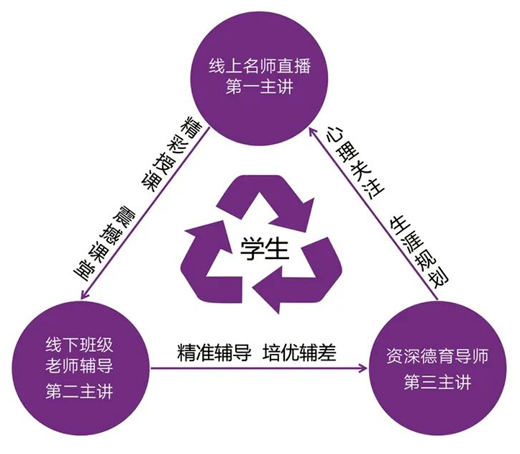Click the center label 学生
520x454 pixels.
264,248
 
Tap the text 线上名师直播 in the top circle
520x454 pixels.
260,65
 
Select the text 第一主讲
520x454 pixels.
260,87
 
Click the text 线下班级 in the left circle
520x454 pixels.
79,345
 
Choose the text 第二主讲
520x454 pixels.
79,391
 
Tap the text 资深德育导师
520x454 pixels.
437,356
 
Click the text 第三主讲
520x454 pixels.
437,381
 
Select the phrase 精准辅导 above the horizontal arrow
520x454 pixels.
214,353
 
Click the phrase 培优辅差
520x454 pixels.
299,353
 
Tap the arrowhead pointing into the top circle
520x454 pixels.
313,132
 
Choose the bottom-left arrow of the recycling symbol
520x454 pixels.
213,261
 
